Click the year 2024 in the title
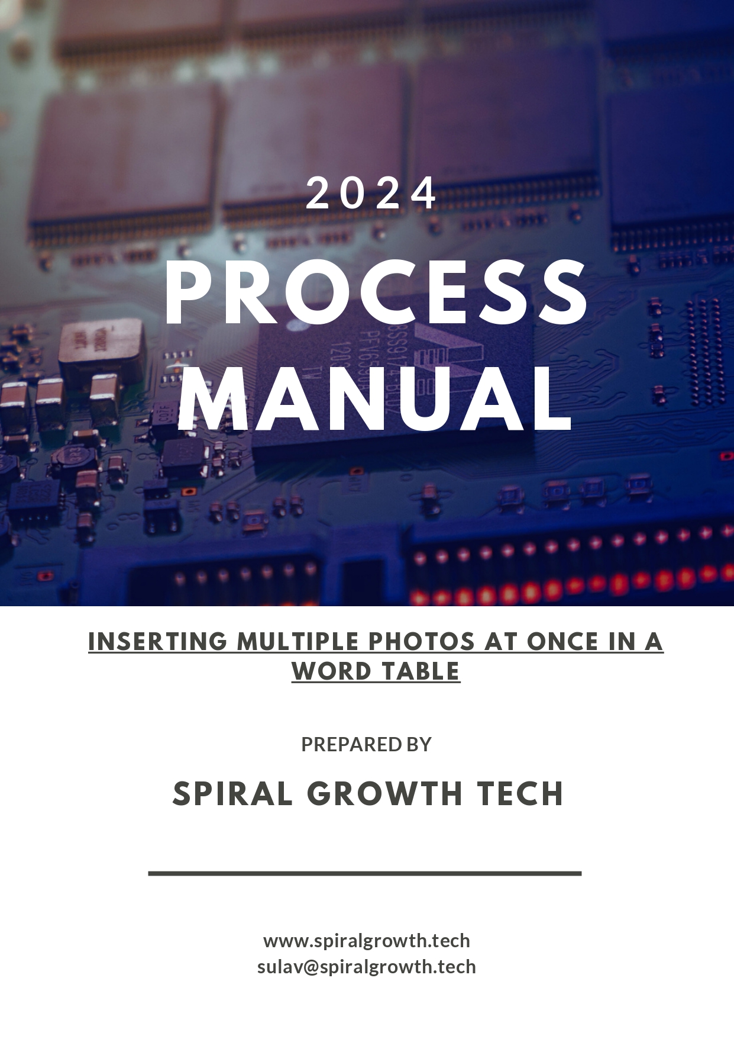(x=371, y=193)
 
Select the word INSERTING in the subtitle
(x=158, y=641)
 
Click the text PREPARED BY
(x=367, y=744)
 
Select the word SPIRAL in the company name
(x=233, y=793)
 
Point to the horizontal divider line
(x=365, y=873)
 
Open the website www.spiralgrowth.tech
(x=367, y=941)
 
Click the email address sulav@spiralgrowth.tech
(x=367, y=967)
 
